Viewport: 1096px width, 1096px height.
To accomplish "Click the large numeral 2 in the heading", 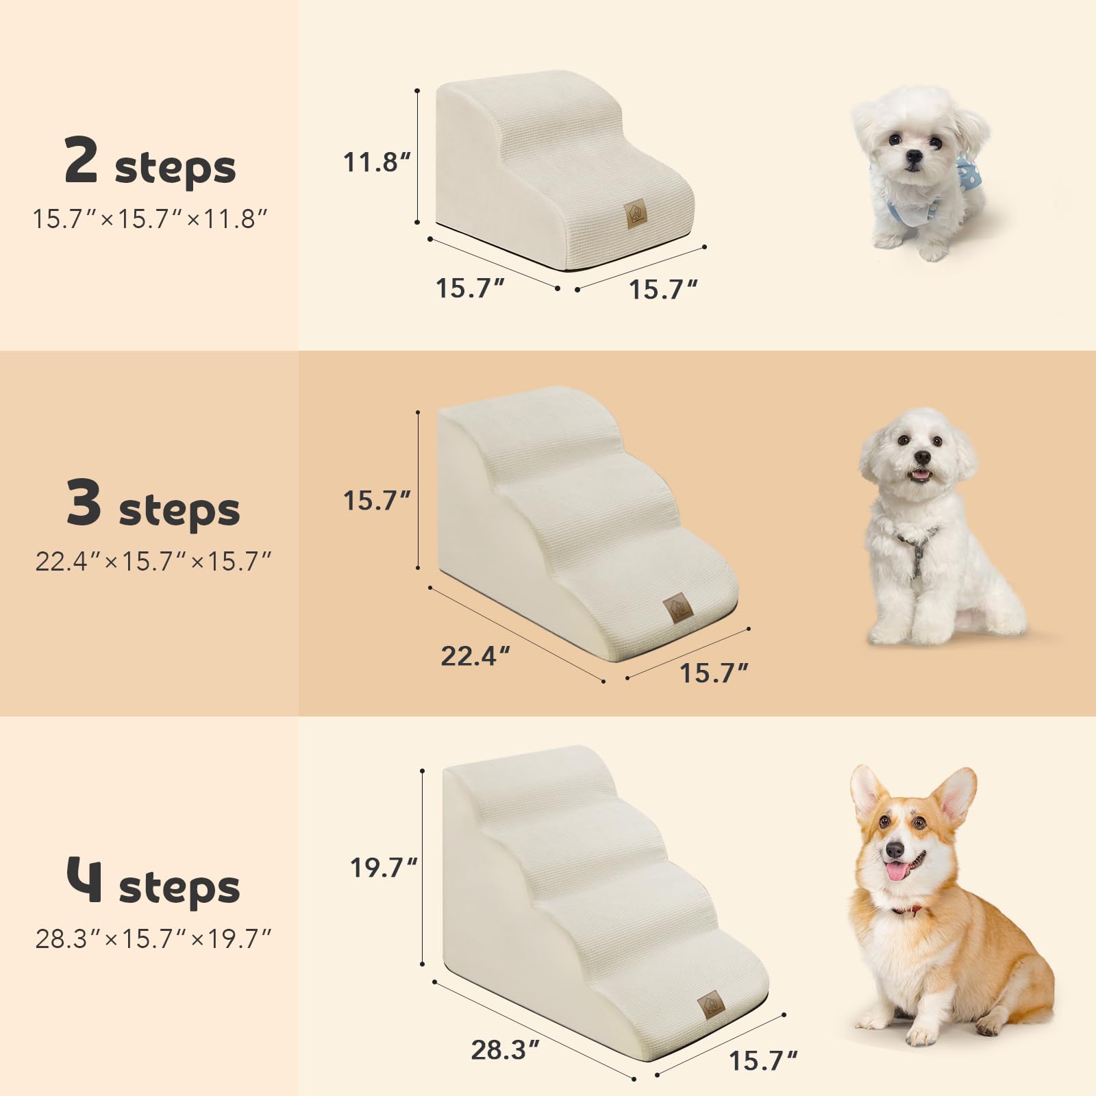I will point(81,160).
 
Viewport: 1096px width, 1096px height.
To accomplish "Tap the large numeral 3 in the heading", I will point(84,502).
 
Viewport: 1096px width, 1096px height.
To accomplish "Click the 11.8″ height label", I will point(376,162).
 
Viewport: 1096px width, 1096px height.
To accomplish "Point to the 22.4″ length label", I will point(475,656).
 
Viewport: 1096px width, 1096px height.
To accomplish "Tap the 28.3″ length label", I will point(505,1049).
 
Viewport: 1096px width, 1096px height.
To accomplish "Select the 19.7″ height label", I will point(383,868).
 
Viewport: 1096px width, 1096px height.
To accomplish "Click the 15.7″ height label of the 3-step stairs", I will point(376,501).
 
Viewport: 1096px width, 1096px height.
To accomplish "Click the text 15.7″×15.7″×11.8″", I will point(150,219).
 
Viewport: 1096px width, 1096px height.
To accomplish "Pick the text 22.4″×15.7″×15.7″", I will point(153,562).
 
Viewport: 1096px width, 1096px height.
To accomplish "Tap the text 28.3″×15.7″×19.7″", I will point(153,938).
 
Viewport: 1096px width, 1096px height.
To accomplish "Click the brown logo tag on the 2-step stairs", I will point(634,213).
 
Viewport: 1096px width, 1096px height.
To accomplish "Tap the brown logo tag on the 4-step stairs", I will point(711,1006).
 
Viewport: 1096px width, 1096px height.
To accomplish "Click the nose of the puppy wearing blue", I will point(912,156).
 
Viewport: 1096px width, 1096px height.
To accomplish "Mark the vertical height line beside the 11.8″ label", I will point(417,156).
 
